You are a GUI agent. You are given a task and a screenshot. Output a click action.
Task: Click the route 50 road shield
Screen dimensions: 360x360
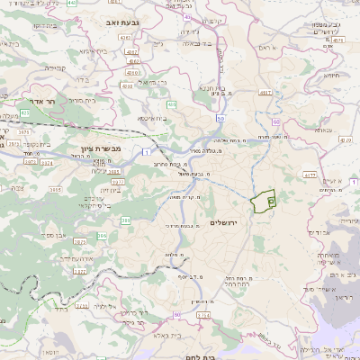pos(220,118)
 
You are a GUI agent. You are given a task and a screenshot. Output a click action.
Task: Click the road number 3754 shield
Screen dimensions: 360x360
pos(202,316)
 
